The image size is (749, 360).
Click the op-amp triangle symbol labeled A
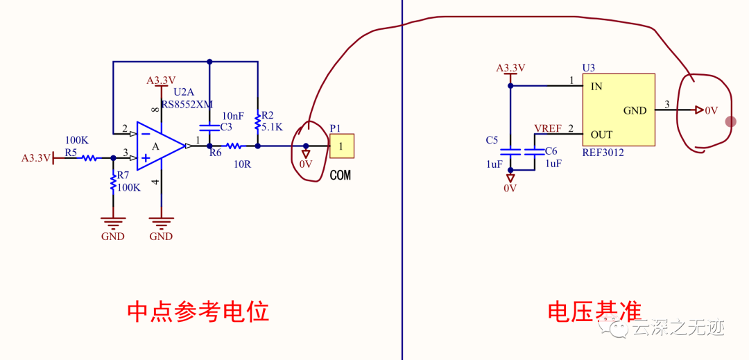158,146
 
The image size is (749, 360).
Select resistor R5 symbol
89,158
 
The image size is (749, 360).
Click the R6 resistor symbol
234,146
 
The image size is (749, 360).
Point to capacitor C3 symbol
209,127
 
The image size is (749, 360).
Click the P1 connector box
341,146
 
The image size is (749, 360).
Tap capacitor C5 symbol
510,151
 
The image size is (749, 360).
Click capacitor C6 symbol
534,151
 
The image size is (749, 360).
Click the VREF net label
548,129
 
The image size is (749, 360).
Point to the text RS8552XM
187,105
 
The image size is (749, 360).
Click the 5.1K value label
273,127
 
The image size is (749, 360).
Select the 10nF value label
232,115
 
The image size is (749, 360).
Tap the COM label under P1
340,175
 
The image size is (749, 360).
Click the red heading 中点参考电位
198,312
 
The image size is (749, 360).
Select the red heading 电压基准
594,312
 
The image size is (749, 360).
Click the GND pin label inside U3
635,110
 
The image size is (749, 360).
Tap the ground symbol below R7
113,222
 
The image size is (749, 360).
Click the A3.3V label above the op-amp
161,80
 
